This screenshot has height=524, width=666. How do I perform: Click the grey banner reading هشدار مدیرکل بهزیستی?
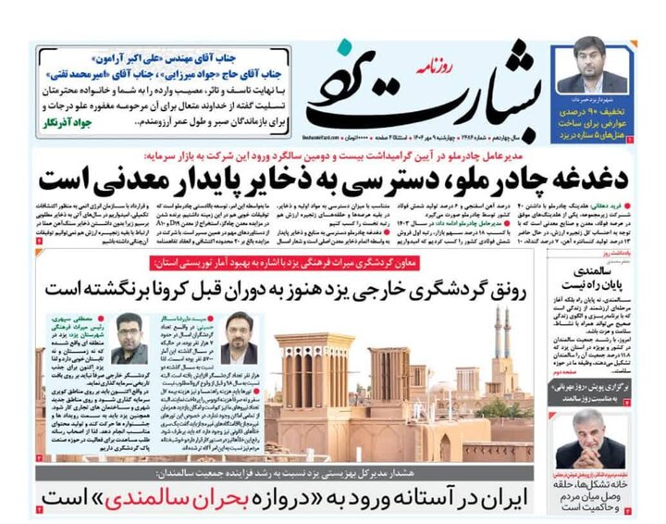coord(277,473)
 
